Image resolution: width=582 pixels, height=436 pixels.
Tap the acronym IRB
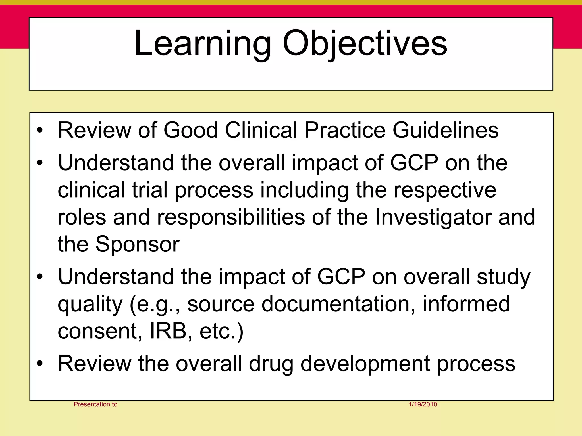point(168,331)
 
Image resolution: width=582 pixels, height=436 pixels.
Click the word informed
point(466,304)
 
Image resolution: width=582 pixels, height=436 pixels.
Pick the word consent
point(98,331)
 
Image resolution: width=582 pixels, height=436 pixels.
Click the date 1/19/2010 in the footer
point(423,404)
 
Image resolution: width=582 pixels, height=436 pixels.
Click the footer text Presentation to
point(95,404)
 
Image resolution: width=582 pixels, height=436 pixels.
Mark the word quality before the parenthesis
point(90,304)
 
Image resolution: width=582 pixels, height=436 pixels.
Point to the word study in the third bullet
point(503,277)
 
